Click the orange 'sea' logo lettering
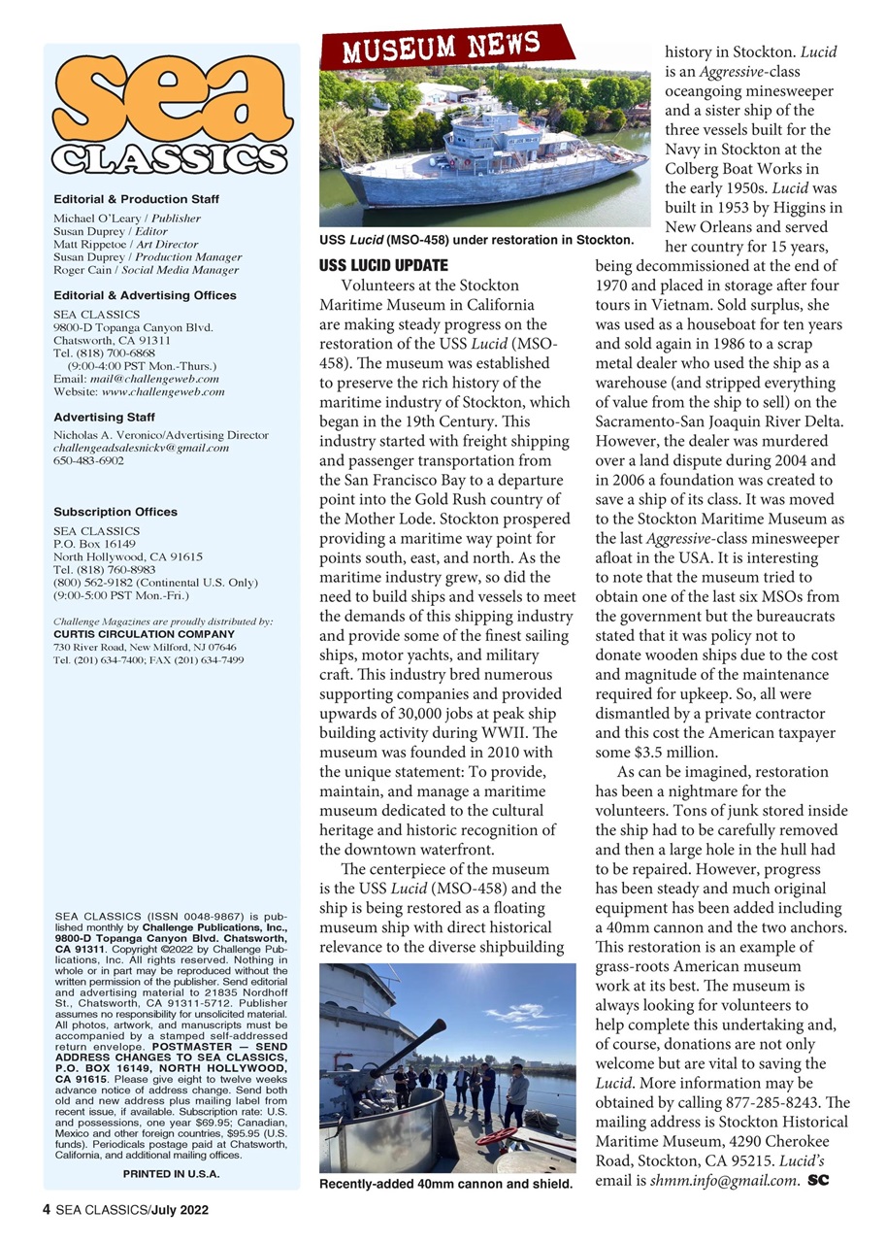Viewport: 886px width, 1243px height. (x=172, y=97)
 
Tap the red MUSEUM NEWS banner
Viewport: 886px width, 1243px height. (x=446, y=46)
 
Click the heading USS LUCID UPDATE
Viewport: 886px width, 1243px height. (x=383, y=265)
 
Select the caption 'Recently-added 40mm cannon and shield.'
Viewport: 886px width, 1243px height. (x=446, y=1185)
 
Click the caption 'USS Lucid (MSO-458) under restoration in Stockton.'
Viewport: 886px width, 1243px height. (x=476, y=239)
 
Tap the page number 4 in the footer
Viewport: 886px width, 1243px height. (x=46, y=1210)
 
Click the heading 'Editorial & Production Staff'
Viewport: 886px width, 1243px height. (x=136, y=199)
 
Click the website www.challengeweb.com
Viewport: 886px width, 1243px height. (x=163, y=391)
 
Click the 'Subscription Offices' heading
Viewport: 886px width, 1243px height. (x=115, y=512)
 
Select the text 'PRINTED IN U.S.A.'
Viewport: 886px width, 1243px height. (x=171, y=1174)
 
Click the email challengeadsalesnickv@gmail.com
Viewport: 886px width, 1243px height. (x=141, y=448)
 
